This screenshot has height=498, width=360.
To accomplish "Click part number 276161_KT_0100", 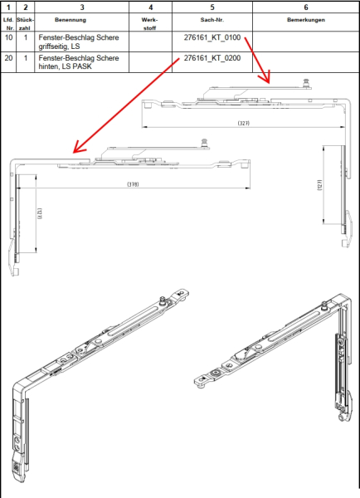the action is pyautogui.click(x=212, y=37).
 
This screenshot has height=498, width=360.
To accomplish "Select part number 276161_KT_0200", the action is pyautogui.click(x=212, y=58).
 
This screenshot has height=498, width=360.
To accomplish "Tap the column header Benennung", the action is pyautogui.click(x=71, y=20).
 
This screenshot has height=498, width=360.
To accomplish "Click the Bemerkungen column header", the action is pyautogui.click(x=306, y=20).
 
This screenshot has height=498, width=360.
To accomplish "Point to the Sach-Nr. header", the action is pyautogui.click(x=212, y=20).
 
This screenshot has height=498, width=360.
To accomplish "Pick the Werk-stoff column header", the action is pyautogui.click(x=150, y=24).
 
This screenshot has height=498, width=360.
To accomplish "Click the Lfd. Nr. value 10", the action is pyautogui.click(x=8, y=37).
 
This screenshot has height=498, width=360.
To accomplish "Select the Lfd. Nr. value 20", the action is pyautogui.click(x=8, y=58).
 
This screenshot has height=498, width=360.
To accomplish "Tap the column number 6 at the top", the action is pyautogui.click(x=306, y=7).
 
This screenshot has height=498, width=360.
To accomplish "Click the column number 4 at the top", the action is pyautogui.click(x=150, y=7).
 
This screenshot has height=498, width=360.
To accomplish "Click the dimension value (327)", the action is pyautogui.click(x=244, y=123).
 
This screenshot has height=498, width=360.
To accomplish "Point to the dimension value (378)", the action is pyautogui.click(x=133, y=184).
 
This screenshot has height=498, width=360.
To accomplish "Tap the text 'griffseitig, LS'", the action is pyautogui.click(x=59, y=46).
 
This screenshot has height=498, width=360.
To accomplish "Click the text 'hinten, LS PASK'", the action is pyautogui.click(x=65, y=66).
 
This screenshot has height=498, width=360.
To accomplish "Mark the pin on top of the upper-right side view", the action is pyautogui.click(x=306, y=83).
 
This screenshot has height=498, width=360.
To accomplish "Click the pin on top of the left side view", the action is pyautogui.click(x=204, y=143).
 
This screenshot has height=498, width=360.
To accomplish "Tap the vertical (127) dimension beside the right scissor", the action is pyautogui.click(x=319, y=185).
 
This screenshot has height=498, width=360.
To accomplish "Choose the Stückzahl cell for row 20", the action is pyautogui.click(x=26, y=58).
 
